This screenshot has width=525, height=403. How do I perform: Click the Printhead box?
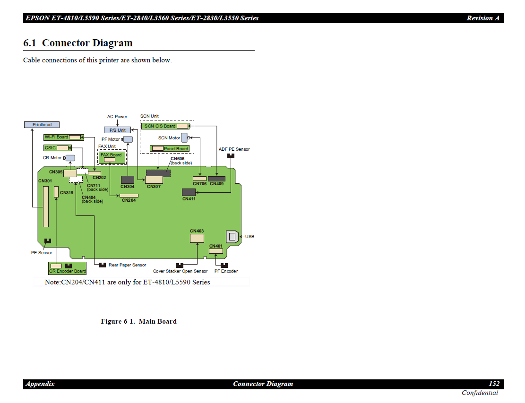click(x=42, y=125)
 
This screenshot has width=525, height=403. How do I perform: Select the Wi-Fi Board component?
click(x=63, y=137)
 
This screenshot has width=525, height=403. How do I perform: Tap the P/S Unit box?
click(x=117, y=130)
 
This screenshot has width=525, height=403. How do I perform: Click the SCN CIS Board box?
click(x=165, y=126)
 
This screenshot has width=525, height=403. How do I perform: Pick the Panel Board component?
click(x=170, y=148)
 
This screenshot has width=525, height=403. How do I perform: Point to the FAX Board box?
click(x=112, y=157)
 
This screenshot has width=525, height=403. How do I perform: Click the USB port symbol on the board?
click(x=232, y=236)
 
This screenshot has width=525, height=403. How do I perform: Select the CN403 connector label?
click(x=197, y=231)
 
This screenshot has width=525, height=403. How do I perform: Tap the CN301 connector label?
click(x=45, y=181)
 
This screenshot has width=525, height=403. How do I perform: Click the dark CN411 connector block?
click(x=189, y=192)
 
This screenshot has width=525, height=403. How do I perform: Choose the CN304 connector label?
click(x=128, y=187)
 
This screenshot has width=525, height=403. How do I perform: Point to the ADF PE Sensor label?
click(x=234, y=149)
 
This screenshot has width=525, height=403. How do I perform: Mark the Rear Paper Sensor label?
click(x=127, y=265)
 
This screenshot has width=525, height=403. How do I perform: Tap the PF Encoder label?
click(x=226, y=271)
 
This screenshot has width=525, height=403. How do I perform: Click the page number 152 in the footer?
click(x=494, y=384)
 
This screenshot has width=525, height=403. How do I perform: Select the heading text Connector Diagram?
click(x=87, y=43)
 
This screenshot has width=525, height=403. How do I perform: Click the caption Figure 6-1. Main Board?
click(x=138, y=321)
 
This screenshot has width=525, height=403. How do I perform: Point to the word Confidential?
click(x=480, y=393)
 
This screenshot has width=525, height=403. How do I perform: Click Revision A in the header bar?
click(x=483, y=18)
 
